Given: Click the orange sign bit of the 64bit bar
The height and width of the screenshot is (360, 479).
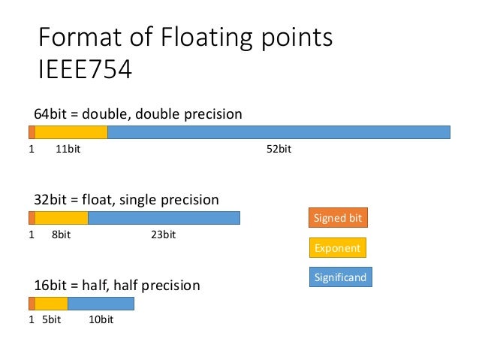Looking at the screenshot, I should tap(32, 132).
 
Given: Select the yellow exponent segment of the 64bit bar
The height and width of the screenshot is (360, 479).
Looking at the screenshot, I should tap(71, 132).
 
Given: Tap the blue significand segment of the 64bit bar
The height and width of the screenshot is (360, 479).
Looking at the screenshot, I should tap(279, 132).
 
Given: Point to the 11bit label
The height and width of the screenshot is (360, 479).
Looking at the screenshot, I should tap(68, 149).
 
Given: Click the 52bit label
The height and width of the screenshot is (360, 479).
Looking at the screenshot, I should tap(279, 149).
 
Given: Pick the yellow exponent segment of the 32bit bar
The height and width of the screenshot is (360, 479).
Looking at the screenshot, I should tap(62, 218).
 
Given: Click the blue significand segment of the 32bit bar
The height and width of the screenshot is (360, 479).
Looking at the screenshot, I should tap(164, 218).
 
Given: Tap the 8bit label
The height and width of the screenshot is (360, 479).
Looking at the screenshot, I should tap(61, 234).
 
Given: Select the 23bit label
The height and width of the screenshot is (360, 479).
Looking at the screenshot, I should tap(163, 234).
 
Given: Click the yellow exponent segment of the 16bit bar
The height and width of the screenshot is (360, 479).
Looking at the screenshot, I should tap(51, 304).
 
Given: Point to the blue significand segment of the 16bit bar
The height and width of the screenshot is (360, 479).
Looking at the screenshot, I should tap(101, 304).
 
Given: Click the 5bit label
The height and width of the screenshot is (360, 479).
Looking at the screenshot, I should tap(51, 320).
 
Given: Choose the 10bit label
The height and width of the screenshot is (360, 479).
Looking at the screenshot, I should tap(101, 320).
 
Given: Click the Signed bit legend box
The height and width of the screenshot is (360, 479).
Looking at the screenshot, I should tap(338, 218).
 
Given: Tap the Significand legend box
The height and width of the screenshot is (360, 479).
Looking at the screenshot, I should tap(341, 277).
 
